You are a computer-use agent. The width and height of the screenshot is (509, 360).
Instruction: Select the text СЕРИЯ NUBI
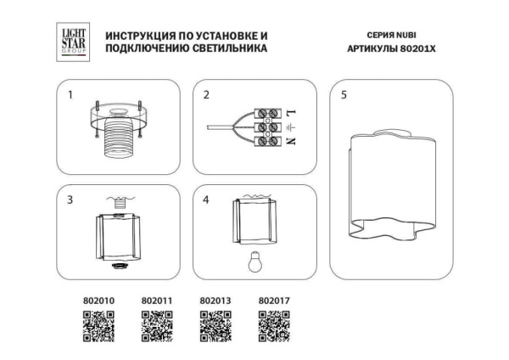(391, 37)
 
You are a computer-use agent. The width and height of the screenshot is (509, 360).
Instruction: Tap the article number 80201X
(421, 50)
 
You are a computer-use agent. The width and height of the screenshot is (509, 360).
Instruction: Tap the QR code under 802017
(273, 325)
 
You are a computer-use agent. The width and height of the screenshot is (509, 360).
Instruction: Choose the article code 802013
(215, 300)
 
